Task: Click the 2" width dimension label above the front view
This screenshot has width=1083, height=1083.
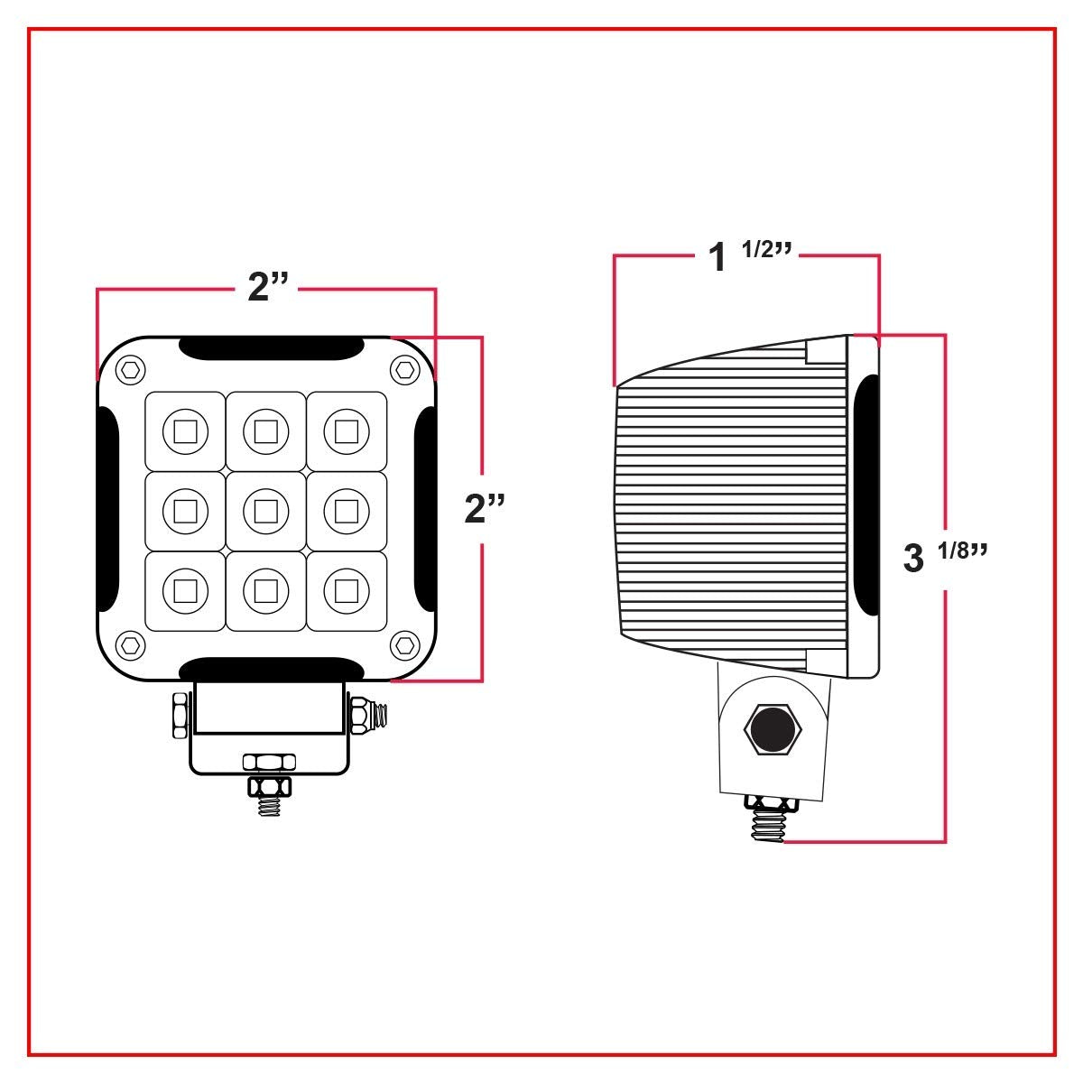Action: click(267, 288)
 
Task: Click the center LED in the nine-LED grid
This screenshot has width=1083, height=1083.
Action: click(265, 511)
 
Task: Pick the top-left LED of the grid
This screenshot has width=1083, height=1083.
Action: click(185, 430)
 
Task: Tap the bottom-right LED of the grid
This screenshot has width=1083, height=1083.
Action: click(346, 590)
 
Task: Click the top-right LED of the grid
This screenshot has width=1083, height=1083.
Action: click(346, 430)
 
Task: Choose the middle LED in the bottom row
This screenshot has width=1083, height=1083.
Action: click(265, 590)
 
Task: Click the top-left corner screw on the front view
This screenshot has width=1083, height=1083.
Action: click(132, 367)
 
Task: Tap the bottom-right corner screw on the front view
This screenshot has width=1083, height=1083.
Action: click(403, 644)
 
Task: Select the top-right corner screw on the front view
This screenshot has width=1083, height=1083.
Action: click(403, 367)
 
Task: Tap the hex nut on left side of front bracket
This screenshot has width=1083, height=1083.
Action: click(179, 714)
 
